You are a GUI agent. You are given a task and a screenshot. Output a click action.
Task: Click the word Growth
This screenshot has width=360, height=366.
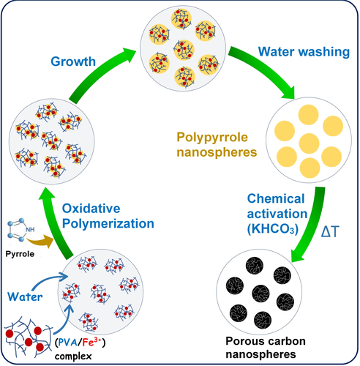[73, 61]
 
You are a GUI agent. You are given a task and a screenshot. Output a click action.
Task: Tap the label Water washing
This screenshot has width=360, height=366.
[304, 52]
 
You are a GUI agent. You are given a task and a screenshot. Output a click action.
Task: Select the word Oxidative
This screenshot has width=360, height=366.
[91, 209]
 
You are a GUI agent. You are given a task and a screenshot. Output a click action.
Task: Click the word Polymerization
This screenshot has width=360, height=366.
[108, 224]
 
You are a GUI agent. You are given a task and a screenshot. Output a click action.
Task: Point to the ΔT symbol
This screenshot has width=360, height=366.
[330, 231]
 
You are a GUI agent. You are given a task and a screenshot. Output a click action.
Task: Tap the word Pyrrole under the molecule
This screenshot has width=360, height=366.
[20, 254]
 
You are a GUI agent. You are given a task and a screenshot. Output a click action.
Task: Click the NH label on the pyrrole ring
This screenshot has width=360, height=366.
[30, 230]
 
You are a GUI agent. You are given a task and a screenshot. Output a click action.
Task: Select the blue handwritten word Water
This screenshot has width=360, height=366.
[25, 296]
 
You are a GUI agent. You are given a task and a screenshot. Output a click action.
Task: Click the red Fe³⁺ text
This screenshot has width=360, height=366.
[91, 343]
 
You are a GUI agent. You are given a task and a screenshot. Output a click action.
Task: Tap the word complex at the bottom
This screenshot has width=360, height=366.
[73, 356]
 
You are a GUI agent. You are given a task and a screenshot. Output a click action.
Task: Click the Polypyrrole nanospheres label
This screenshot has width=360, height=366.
[217, 145]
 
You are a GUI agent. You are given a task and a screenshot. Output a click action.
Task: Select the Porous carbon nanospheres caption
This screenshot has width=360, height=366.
[266, 348]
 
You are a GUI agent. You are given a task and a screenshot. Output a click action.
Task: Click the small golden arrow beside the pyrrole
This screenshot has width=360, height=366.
[42, 241]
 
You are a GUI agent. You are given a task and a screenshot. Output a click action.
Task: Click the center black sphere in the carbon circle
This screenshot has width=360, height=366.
[260, 294]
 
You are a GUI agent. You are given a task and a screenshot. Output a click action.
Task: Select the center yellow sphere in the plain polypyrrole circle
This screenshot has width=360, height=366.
[309, 143]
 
